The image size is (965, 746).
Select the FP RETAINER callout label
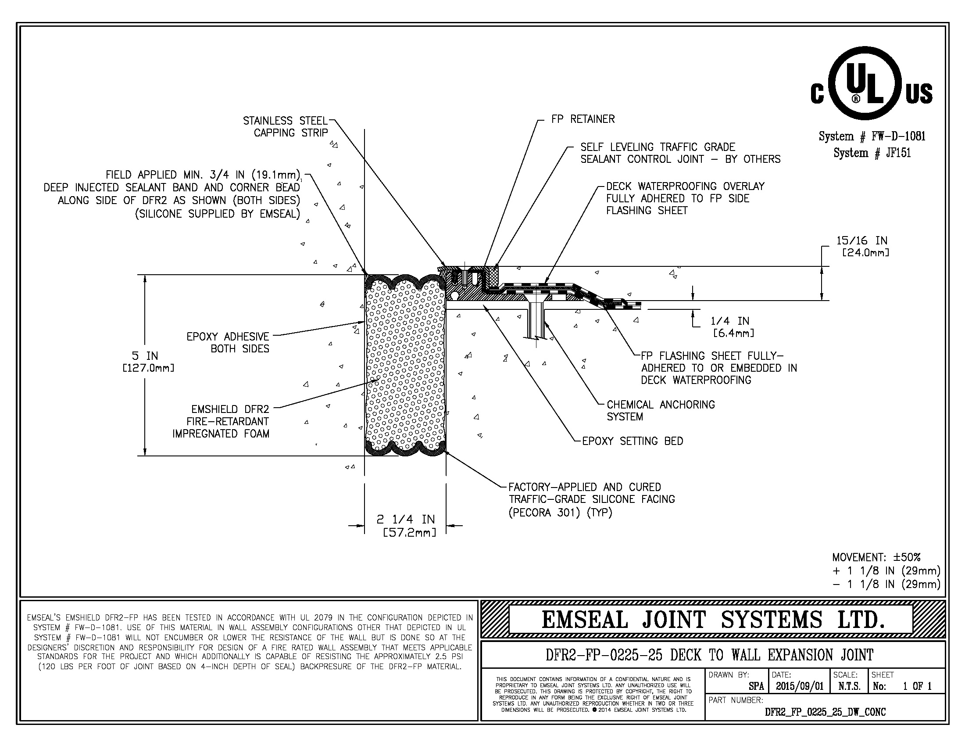click(x=583, y=119)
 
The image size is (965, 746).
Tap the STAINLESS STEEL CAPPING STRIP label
click(x=286, y=127)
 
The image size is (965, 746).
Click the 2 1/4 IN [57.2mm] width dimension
click(x=406, y=525)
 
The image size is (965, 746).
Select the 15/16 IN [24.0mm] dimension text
click(x=862, y=246)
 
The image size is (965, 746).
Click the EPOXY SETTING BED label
click(x=632, y=441)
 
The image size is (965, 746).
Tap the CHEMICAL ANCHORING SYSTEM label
click(x=660, y=411)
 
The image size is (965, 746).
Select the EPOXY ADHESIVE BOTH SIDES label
click(x=228, y=343)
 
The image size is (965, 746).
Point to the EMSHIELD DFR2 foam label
click(x=221, y=422)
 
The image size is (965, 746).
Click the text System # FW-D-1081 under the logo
click(x=872, y=136)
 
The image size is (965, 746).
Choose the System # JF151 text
click(x=872, y=153)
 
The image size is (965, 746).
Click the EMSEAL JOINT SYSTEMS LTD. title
click(x=713, y=620)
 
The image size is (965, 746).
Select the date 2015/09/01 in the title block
click(x=800, y=686)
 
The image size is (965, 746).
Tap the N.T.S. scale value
click(x=849, y=686)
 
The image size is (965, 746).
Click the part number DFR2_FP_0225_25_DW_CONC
click(x=825, y=711)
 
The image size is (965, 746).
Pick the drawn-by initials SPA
click(x=756, y=686)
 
